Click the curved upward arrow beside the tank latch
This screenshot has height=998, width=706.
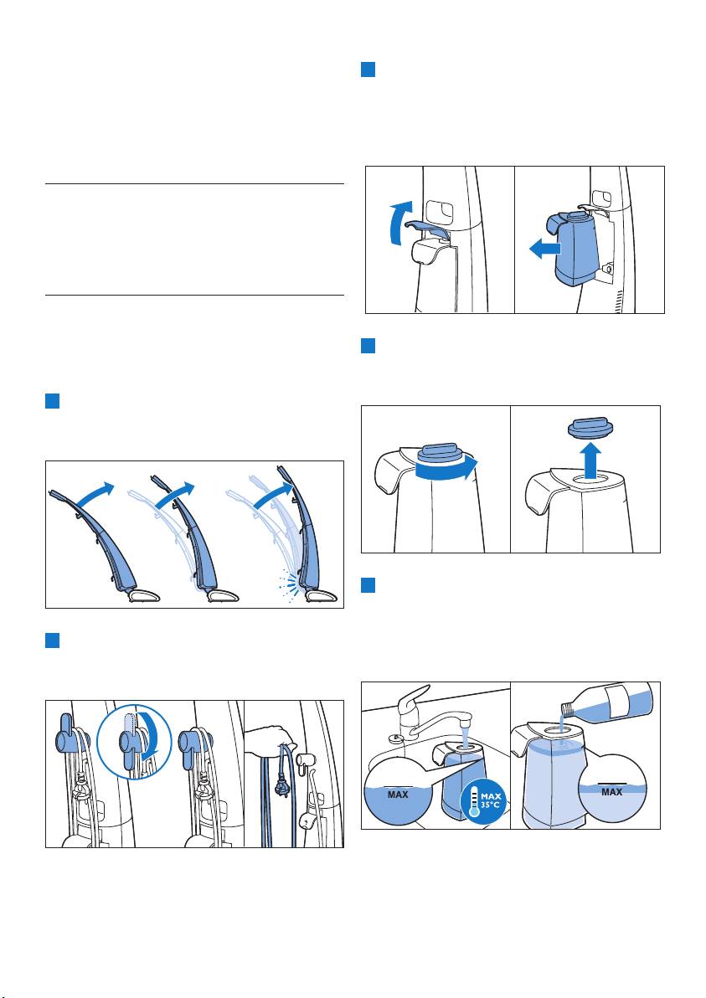pos(396,223)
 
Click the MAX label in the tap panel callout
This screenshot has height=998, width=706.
pos(398,795)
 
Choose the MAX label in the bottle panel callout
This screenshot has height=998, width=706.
pos(611,792)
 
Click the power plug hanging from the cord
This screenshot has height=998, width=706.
pos(279,785)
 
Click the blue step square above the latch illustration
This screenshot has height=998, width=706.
pos(368,69)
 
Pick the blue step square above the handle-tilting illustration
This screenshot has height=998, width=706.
pos(52,401)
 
